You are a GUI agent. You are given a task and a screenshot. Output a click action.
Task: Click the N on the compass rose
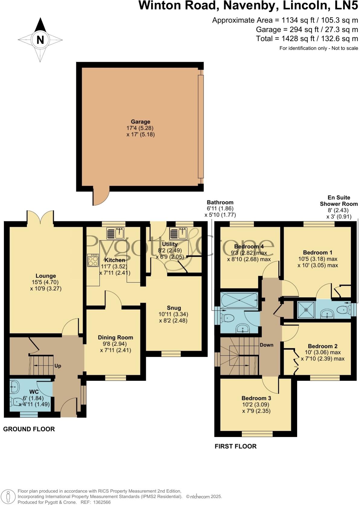[x=40, y=40]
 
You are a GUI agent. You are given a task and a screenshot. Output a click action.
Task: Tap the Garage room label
[x=140, y=122]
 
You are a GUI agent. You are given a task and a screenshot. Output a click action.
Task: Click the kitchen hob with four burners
[x=93, y=260]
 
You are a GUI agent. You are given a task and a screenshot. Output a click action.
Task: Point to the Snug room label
[x=174, y=308]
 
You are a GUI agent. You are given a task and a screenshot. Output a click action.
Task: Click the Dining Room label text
[x=115, y=337]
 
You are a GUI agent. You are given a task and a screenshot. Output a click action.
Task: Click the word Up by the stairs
[x=58, y=366]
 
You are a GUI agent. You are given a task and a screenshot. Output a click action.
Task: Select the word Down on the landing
[x=266, y=345]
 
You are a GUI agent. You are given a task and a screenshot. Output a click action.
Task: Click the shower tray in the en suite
[x=306, y=310]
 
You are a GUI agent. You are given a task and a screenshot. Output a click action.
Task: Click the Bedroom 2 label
[x=323, y=346]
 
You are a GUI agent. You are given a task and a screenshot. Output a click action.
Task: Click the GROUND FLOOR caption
[x=29, y=429]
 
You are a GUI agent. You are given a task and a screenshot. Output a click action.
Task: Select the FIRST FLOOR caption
[x=236, y=446]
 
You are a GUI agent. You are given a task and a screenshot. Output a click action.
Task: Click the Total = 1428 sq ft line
[x=307, y=39]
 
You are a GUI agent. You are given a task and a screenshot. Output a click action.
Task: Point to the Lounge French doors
[x=40, y=217]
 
